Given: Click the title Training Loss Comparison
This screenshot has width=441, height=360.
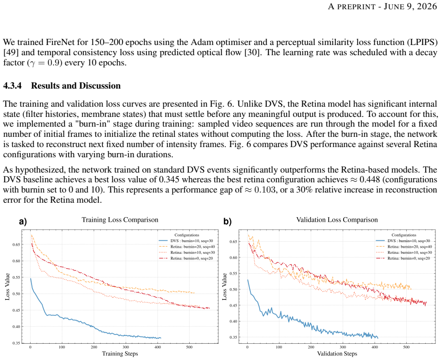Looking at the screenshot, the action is [x=120, y=220].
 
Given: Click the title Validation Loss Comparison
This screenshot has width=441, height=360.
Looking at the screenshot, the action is [x=337, y=220].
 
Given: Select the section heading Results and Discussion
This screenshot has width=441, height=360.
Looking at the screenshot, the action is [x=76, y=85].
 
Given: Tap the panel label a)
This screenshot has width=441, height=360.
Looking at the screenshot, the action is [x=23, y=222].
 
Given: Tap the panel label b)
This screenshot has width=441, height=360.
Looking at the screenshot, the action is [x=227, y=222].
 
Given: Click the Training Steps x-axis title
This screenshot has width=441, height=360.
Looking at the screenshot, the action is [x=120, y=354].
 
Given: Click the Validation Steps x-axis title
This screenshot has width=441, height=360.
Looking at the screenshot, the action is [x=337, y=354].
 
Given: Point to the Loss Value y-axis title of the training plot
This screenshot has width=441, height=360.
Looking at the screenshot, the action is [x=7, y=287].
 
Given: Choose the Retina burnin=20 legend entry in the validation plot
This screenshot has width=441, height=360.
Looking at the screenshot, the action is [x=403, y=246].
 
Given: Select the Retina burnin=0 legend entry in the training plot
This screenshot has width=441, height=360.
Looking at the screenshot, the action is [x=186, y=258].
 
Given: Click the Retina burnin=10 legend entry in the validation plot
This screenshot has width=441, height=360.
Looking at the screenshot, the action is [x=403, y=252].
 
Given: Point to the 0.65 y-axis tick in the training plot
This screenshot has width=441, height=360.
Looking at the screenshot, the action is [x=16, y=244].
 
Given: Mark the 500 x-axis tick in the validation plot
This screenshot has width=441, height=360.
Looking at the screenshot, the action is [x=406, y=347].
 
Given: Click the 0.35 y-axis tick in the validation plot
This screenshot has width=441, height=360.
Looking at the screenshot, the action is [x=233, y=337].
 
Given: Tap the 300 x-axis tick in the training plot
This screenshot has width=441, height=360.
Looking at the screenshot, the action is [x=126, y=347].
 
